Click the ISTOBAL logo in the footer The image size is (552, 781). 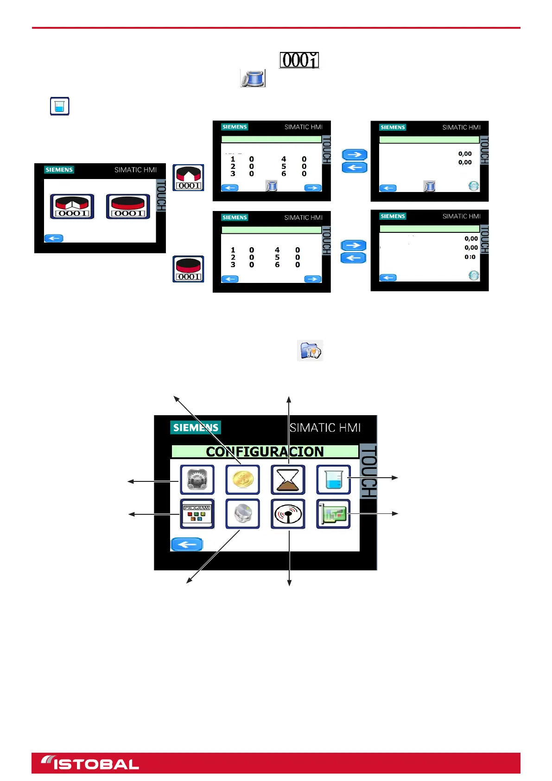pyautogui.click(x=90, y=763)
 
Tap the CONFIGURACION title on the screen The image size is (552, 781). pyautogui.click(x=265, y=451)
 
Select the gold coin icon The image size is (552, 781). pyautogui.click(x=242, y=480)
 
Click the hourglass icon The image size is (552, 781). pyautogui.click(x=288, y=480)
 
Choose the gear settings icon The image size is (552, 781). pyautogui.click(x=197, y=480)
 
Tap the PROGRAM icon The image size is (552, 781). pyautogui.click(x=197, y=514)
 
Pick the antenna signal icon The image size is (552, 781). pyautogui.click(x=288, y=514)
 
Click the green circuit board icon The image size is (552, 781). pyautogui.click(x=333, y=514)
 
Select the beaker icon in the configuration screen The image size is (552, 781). pyautogui.click(x=333, y=480)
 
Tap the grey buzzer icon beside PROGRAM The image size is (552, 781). pyautogui.click(x=242, y=514)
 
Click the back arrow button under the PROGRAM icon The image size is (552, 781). pyautogui.click(x=187, y=544)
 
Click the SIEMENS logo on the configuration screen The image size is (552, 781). pyautogui.click(x=196, y=427)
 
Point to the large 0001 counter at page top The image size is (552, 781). pyautogui.click(x=299, y=60)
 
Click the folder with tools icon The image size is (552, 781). pyautogui.click(x=310, y=350)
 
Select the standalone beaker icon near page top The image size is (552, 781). pyautogui.click(x=60, y=106)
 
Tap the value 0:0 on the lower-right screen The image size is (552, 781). pyautogui.click(x=470, y=257)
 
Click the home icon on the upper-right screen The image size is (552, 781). pyautogui.click(x=473, y=186)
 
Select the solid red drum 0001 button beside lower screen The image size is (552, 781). pyautogui.click(x=189, y=269)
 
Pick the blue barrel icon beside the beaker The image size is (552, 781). pyautogui.click(x=253, y=78)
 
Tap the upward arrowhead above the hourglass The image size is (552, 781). pyautogui.click(x=289, y=399)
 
